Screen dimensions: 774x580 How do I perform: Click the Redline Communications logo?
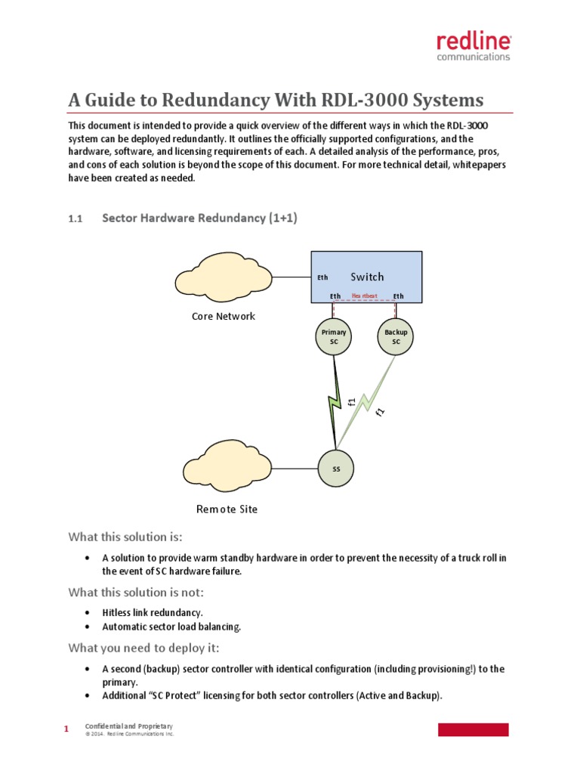(x=474, y=47)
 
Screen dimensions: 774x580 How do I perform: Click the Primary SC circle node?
(x=334, y=336)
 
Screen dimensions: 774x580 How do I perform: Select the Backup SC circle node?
(x=396, y=336)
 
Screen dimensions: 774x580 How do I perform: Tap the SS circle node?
(x=337, y=469)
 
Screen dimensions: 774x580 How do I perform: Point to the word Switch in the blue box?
(x=367, y=277)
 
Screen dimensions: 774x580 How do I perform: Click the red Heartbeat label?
(x=365, y=296)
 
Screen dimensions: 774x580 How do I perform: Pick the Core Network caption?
(x=224, y=316)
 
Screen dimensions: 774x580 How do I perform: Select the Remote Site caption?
(x=227, y=509)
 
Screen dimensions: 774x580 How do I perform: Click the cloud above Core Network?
(x=225, y=277)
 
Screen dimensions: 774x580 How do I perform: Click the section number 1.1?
(x=74, y=218)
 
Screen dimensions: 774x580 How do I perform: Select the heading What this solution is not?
(x=136, y=591)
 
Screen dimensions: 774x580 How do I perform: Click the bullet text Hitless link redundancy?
(x=153, y=611)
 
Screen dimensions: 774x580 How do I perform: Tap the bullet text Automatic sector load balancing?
(x=172, y=627)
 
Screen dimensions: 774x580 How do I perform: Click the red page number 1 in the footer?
(x=66, y=729)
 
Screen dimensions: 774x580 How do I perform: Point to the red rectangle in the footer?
(x=474, y=729)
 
